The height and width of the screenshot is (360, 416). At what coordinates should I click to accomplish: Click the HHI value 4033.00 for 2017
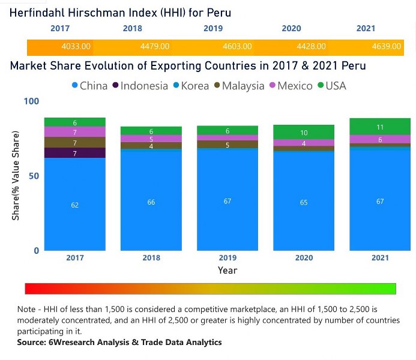click(x=76, y=47)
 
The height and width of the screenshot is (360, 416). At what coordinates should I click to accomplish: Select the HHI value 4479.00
click(x=154, y=47)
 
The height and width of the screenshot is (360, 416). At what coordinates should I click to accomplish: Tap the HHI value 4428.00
click(x=312, y=47)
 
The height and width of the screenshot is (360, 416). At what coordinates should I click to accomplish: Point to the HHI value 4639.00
click(x=387, y=47)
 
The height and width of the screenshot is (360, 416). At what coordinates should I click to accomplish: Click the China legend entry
click(x=89, y=86)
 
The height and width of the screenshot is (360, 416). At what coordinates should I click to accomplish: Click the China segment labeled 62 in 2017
click(x=75, y=205)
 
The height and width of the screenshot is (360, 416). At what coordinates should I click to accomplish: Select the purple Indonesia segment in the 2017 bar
click(x=75, y=153)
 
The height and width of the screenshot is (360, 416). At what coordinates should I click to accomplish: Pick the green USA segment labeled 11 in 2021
click(x=380, y=127)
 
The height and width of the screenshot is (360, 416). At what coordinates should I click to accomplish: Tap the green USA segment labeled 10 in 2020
click(x=304, y=132)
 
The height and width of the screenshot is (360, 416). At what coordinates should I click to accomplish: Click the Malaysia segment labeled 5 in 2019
click(x=228, y=145)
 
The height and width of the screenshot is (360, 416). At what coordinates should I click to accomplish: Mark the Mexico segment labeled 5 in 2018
click(x=151, y=139)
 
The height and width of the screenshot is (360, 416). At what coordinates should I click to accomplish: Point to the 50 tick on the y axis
click(x=35, y=176)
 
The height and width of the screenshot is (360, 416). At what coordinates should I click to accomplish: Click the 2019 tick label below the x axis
click(x=228, y=258)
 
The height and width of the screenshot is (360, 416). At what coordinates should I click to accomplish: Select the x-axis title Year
click(x=228, y=271)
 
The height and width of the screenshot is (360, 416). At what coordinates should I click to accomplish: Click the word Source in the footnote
click(x=32, y=343)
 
